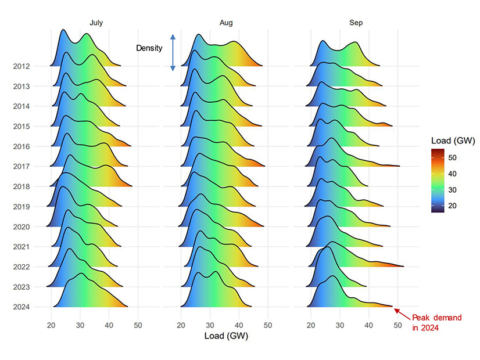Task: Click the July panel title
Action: pos(96,23)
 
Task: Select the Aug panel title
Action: pos(226,23)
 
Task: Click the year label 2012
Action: pos(22,66)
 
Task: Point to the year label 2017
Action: pos(22,167)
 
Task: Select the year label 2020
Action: pos(22,226)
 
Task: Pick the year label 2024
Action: pos(22,307)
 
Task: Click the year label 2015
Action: pos(22,127)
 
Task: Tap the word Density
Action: pos(149,48)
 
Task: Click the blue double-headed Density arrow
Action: pos(173,52)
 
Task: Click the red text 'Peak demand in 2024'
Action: pos(436,323)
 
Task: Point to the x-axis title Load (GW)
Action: pos(226,336)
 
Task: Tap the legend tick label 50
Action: pos(452,157)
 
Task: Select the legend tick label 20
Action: pos(452,205)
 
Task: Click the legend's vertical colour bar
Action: pos(438,181)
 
